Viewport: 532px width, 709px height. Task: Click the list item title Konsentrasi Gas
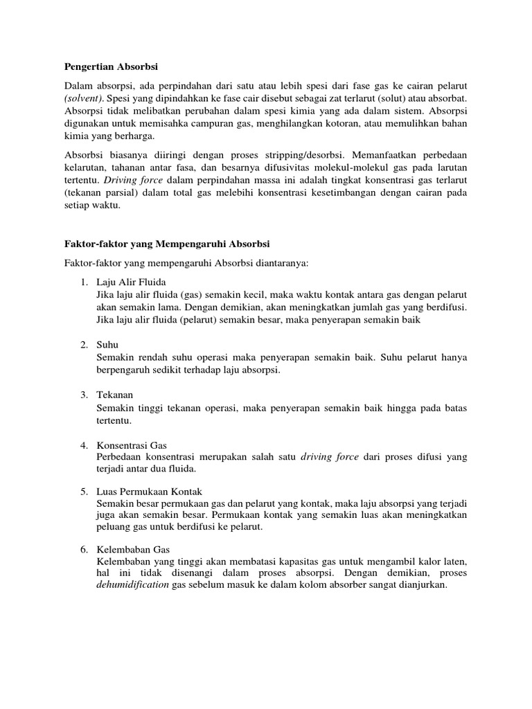132,445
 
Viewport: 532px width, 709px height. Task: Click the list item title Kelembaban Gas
133,549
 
